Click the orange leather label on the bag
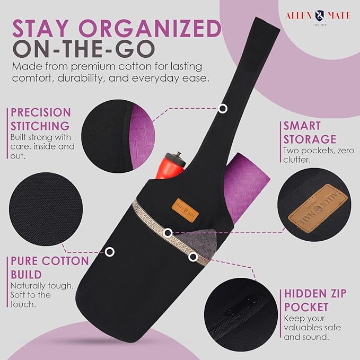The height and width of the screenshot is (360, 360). [x=185, y=210]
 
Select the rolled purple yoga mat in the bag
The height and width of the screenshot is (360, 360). [x=245, y=188]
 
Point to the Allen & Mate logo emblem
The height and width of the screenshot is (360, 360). [x=319, y=15]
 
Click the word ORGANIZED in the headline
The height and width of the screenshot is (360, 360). [x=150, y=29]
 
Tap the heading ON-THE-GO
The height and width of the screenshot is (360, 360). [x=84, y=49]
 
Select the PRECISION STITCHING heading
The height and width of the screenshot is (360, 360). [x=41, y=119]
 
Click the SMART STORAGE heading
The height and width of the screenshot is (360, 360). [x=310, y=133]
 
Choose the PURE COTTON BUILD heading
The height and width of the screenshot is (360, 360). [x=50, y=268]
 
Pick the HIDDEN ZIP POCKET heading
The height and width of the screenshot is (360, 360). [x=315, y=300]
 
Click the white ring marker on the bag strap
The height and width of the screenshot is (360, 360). [x=223, y=108]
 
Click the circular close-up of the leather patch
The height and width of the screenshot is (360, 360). [x=314, y=205]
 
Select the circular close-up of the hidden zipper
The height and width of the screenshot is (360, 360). [x=241, y=314]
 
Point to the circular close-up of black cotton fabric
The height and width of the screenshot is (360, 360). [x=46, y=209]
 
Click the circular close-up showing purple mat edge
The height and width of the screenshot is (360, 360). [x=118, y=136]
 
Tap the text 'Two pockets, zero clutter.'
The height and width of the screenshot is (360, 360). [x=319, y=155]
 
